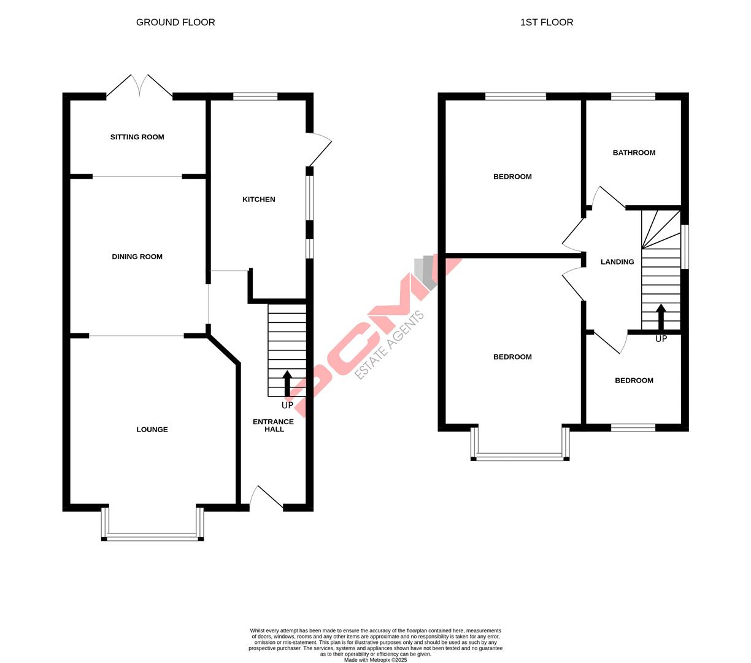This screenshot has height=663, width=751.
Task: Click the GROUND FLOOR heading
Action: (x=175, y=23)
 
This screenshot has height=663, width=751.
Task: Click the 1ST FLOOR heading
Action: (x=546, y=23)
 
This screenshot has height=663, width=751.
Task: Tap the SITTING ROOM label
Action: (x=137, y=137)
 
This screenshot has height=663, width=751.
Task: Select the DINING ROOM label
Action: (x=137, y=257)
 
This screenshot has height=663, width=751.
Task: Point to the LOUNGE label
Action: (x=152, y=430)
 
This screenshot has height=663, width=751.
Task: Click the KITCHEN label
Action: (x=258, y=200)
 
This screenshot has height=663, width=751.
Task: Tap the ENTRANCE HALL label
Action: (x=274, y=425)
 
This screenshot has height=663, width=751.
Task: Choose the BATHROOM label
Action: (x=634, y=153)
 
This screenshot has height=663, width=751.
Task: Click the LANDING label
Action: (x=617, y=262)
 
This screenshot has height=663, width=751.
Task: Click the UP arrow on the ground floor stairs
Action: (x=287, y=384)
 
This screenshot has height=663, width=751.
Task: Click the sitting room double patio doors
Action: (x=140, y=86)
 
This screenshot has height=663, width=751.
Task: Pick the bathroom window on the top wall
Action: (x=633, y=96)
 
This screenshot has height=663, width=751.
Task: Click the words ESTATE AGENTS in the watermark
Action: (x=390, y=345)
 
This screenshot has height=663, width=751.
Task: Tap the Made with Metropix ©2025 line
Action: (x=375, y=660)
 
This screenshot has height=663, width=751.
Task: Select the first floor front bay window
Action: (x=520, y=456)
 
